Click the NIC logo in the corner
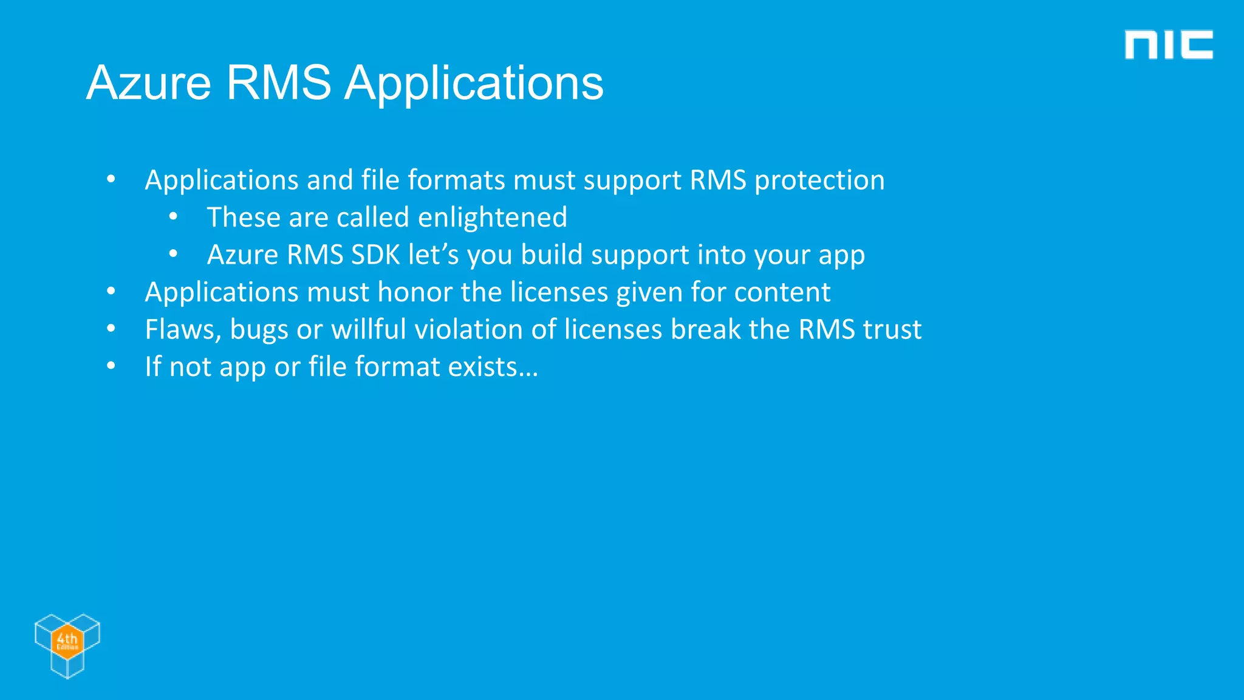[x=1168, y=45]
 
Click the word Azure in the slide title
[x=149, y=83]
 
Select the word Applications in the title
[x=474, y=83]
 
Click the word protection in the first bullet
[x=819, y=180]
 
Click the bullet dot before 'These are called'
[x=173, y=217]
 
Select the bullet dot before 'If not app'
[x=111, y=366]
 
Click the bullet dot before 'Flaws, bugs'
[x=111, y=329]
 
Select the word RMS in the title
[x=279, y=83]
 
